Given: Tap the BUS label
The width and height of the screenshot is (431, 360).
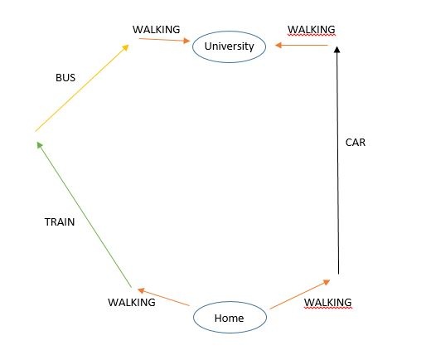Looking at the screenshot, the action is pyautogui.click(x=65, y=78).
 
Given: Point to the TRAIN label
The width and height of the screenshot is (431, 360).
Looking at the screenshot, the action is pyautogui.click(x=60, y=222).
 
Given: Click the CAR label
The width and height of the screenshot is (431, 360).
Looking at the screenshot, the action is pyautogui.click(x=356, y=143).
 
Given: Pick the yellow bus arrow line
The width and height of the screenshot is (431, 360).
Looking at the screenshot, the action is pyautogui.click(x=82, y=88).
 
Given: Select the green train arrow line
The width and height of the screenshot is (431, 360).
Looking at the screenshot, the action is pyautogui.click(x=84, y=215).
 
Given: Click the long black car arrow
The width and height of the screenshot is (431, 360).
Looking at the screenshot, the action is pyautogui.click(x=337, y=160).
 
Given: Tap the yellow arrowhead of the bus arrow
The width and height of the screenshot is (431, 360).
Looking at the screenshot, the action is pyautogui.click(x=126, y=47).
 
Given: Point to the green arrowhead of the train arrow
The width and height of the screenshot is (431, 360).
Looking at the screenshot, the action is pyautogui.click(x=40, y=145).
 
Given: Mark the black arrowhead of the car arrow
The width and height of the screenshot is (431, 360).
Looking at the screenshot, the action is pyautogui.click(x=337, y=50).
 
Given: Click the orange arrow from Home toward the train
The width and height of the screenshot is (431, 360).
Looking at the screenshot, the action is pyautogui.click(x=163, y=297).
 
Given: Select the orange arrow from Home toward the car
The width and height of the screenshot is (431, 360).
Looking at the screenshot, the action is pyautogui.click(x=300, y=294).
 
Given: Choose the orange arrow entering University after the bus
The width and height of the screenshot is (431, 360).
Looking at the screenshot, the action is pyautogui.click(x=165, y=40).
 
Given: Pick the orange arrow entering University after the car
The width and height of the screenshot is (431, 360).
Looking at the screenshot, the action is pyautogui.click(x=302, y=45).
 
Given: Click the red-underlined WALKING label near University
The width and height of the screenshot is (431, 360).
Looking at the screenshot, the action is pyautogui.click(x=312, y=30).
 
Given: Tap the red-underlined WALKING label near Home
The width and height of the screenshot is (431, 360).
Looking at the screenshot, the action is pyautogui.click(x=328, y=302).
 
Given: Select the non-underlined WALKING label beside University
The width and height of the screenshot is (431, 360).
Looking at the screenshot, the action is pyautogui.click(x=157, y=30).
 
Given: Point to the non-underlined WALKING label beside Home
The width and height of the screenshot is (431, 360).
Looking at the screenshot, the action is pyautogui.click(x=132, y=302).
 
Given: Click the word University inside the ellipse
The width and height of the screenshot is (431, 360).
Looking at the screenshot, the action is pyautogui.click(x=230, y=46).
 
